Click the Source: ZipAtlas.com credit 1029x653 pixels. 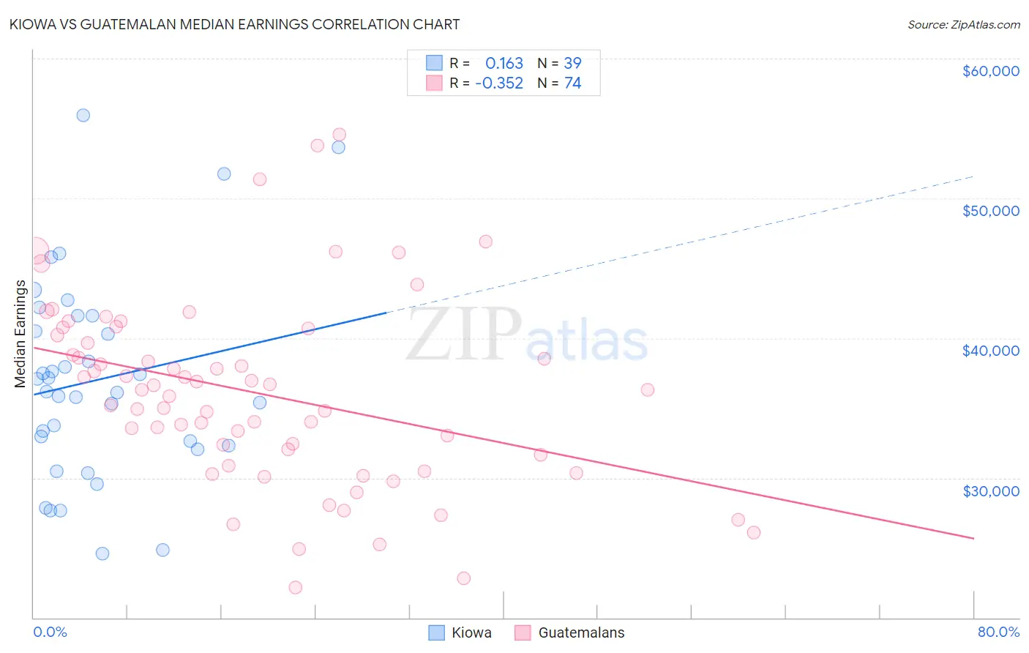(963, 24)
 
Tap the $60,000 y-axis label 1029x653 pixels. (990, 71)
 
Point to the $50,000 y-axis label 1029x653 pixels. (990, 211)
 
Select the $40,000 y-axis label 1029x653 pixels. (990, 351)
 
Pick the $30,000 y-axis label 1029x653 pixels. (990, 490)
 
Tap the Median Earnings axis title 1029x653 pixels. (20, 333)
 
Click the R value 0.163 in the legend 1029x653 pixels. (504, 63)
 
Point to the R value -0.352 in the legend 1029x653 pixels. (499, 83)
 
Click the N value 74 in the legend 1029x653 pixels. (572, 83)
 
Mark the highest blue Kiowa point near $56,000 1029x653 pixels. (83, 115)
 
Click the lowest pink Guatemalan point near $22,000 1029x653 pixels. (296, 587)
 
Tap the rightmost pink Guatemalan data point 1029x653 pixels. (754, 532)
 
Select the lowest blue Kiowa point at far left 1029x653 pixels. (102, 553)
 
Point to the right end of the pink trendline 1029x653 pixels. (973, 538)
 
